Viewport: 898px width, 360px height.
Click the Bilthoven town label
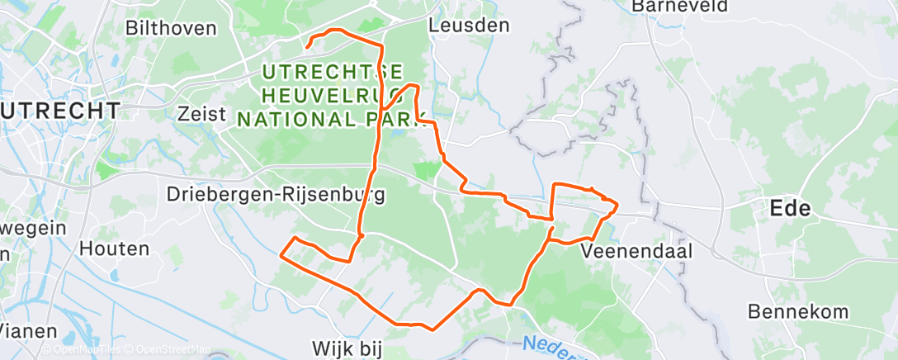(170, 27)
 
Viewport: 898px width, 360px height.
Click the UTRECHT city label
(59, 110)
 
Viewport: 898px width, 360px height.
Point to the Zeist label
(202, 113)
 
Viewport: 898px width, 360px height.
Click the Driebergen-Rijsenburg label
(264, 195)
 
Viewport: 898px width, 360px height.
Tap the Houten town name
(115, 247)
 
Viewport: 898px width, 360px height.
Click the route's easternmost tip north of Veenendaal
(617, 202)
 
